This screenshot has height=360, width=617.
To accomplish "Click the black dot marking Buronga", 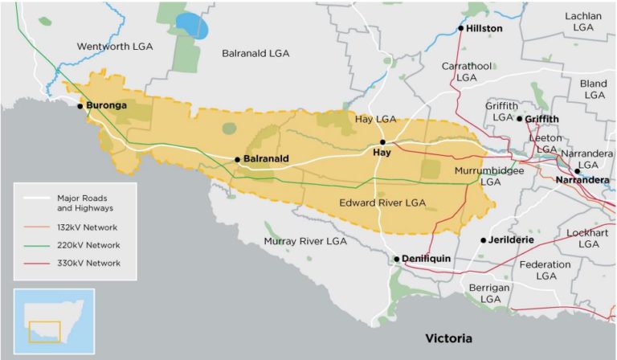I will click(x=80, y=106).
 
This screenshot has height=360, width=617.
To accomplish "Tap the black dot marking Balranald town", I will click(x=238, y=159).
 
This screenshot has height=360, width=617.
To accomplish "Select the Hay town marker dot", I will click(x=383, y=141).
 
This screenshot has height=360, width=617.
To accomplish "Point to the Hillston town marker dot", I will click(x=461, y=29).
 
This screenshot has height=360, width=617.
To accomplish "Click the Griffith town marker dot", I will click(x=520, y=119).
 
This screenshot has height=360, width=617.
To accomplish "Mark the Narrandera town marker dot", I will click(x=578, y=170).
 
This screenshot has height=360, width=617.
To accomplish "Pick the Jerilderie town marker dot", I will click(x=484, y=240).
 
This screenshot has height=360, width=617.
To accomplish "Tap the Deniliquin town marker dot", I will click(x=397, y=259).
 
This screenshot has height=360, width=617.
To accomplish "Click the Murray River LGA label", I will click(x=305, y=241).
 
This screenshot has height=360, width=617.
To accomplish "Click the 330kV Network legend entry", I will click(x=89, y=263).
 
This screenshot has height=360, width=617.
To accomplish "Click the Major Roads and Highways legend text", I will click(x=83, y=202).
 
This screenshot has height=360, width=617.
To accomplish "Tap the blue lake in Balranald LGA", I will click(x=192, y=26).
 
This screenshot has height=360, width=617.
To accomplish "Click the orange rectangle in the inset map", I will click(x=44, y=331).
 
